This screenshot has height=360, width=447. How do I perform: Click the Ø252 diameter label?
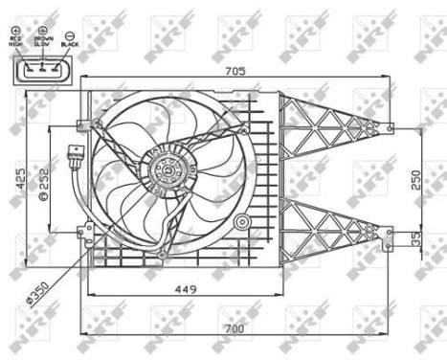(43, 182)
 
